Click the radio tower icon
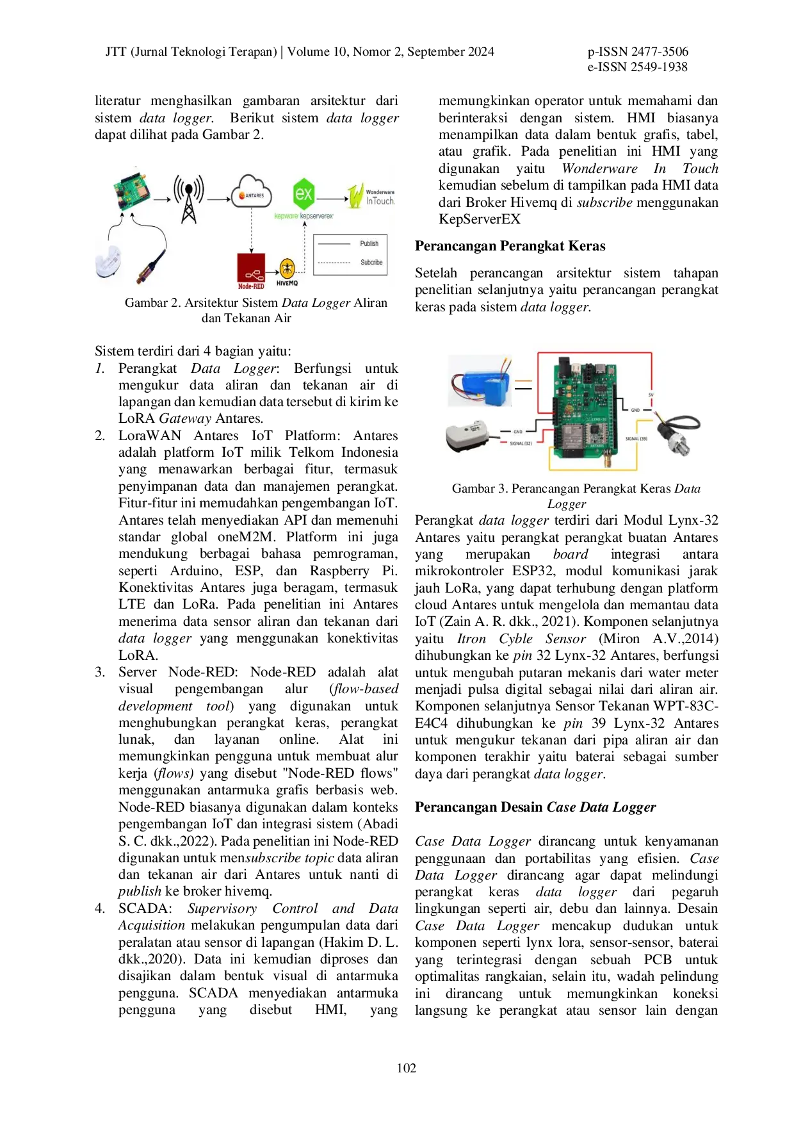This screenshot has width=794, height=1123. pos(188,199)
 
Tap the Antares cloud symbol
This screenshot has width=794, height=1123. pos(252,192)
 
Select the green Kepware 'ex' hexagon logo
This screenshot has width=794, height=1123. pos(304,193)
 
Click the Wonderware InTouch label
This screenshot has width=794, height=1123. pos(382,197)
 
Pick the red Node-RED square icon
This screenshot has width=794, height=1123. pos(251,270)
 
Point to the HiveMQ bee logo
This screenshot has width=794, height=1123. pos(287,268)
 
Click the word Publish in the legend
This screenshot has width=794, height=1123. pos(369,244)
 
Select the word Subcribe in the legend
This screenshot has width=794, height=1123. pos(371,263)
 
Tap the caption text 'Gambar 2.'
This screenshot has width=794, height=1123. pos(152,303)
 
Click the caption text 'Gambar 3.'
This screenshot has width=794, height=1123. pos(480,489)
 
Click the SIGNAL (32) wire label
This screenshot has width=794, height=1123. pos(521,443)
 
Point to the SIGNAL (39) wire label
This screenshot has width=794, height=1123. pos(636,439)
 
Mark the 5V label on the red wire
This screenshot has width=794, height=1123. pos(651,395)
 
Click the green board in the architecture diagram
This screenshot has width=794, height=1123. pos(131,190)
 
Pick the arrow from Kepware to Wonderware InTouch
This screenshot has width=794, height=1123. pos(332,199)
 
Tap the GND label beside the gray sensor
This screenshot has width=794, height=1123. pos(517,432)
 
